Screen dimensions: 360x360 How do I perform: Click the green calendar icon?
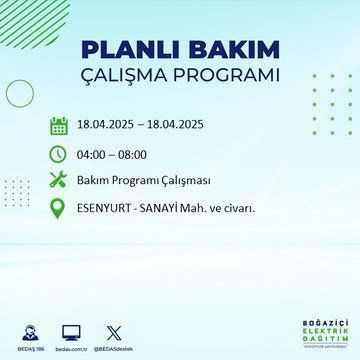point(59,126)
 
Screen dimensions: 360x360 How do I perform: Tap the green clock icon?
point(59,154)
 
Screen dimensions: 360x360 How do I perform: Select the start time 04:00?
point(93,154)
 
